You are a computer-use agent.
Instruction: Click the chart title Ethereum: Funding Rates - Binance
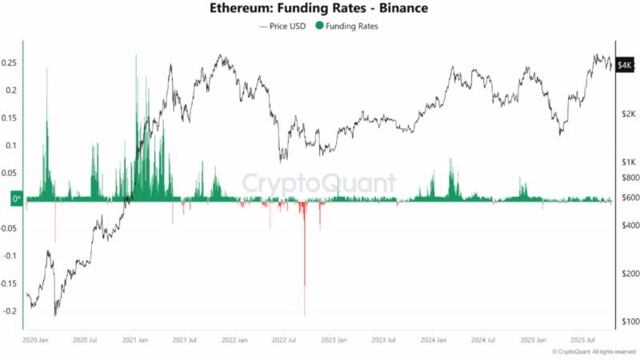pyautogui.click(x=319, y=9)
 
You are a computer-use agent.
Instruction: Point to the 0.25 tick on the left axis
pyautogui.click(x=10, y=62)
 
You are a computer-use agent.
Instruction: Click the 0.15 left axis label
pyautogui.click(x=10, y=118)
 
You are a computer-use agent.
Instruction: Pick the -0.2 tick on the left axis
pyautogui.click(x=10, y=311)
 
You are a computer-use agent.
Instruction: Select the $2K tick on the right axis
pyautogui.click(x=627, y=114)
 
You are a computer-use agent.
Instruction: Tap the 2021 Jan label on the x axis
pyautogui.click(x=135, y=340)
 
